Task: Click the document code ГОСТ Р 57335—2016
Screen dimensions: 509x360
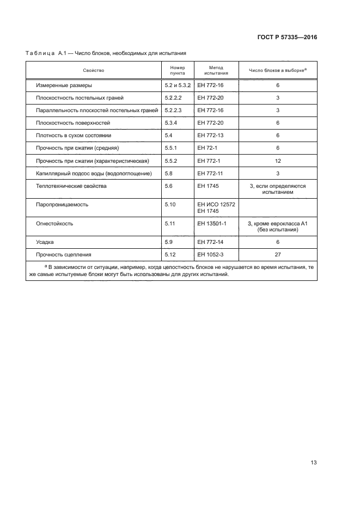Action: click(x=287, y=38)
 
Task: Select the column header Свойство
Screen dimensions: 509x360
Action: click(x=93, y=70)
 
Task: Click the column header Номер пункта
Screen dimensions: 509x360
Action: click(x=178, y=70)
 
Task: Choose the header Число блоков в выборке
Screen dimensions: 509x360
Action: click(x=277, y=70)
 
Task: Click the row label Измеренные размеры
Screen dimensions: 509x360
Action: click(x=64, y=85)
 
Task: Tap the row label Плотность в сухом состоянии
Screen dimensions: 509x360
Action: click(x=74, y=135)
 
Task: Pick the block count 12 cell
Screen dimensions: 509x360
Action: click(x=278, y=161)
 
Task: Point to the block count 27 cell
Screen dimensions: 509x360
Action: click(x=278, y=254)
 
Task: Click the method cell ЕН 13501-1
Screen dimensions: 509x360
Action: click(x=211, y=223)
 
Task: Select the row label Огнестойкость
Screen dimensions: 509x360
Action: click(x=54, y=223)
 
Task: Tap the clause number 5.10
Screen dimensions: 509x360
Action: click(x=170, y=204)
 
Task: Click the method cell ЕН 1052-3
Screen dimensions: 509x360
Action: click(x=211, y=254)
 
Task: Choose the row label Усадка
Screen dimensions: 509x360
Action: click(x=45, y=242)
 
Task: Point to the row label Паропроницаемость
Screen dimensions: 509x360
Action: click(x=62, y=204)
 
